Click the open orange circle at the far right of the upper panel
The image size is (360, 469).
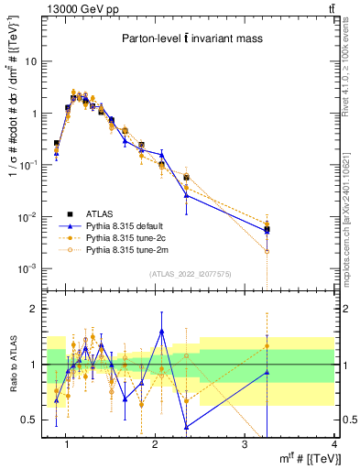267,250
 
